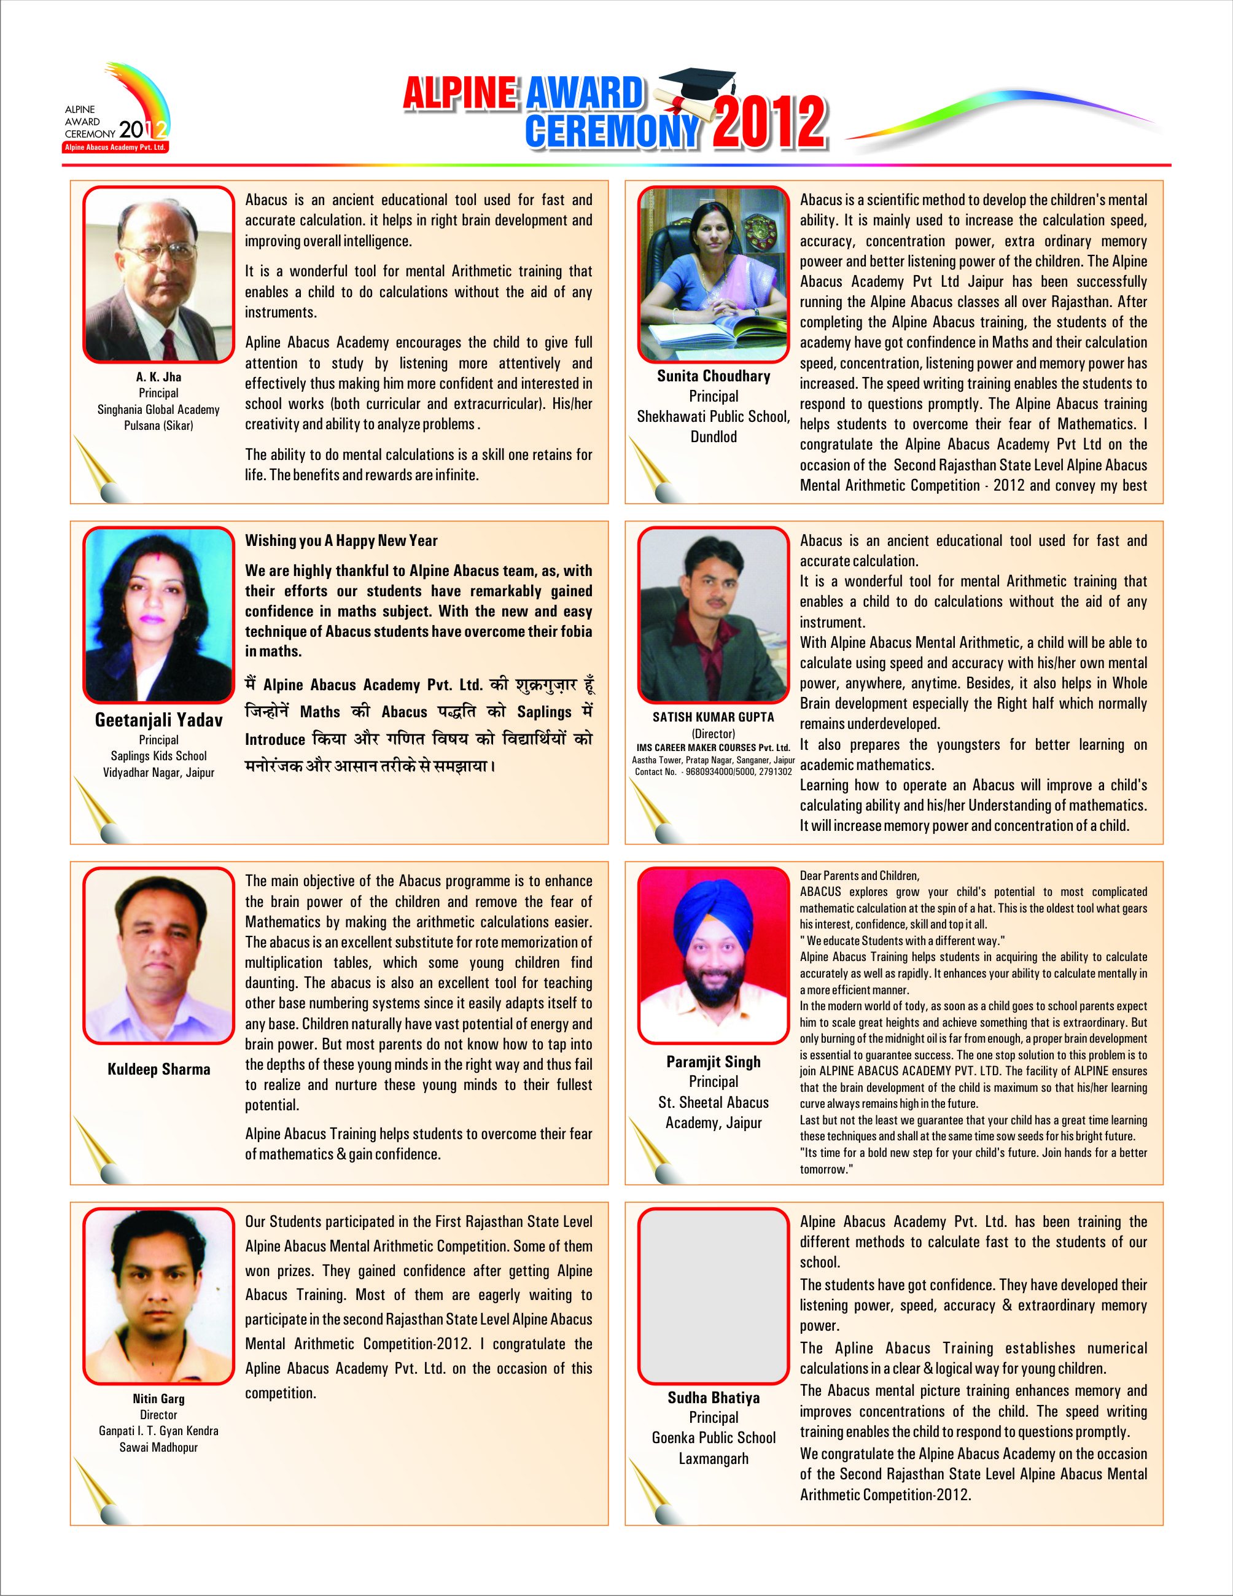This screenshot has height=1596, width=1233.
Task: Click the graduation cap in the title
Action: click(x=698, y=85)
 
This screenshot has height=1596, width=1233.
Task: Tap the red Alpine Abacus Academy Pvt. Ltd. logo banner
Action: click(x=115, y=147)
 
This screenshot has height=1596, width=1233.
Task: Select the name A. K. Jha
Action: click(x=158, y=377)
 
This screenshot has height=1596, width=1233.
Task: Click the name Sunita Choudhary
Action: click(x=714, y=376)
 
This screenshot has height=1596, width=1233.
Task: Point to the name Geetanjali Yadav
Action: click(x=158, y=720)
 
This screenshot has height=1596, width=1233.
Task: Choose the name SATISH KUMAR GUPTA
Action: click(x=714, y=717)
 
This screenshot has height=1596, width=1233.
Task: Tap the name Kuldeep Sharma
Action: click(x=158, y=1069)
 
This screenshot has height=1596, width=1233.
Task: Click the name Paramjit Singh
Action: click(x=714, y=1062)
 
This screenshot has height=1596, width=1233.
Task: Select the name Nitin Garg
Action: click(x=158, y=1399)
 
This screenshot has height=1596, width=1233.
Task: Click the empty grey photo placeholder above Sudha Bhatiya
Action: click(x=714, y=1296)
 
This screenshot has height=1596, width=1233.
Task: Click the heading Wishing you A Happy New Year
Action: click(x=341, y=541)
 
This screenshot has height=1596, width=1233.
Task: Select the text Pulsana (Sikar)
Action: click(x=158, y=426)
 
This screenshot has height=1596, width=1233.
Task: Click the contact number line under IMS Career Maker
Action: click(x=714, y=772)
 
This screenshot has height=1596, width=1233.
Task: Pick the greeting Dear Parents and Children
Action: click(x=860, y=876)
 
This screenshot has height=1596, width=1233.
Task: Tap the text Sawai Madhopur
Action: click(x=158, y=1447)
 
